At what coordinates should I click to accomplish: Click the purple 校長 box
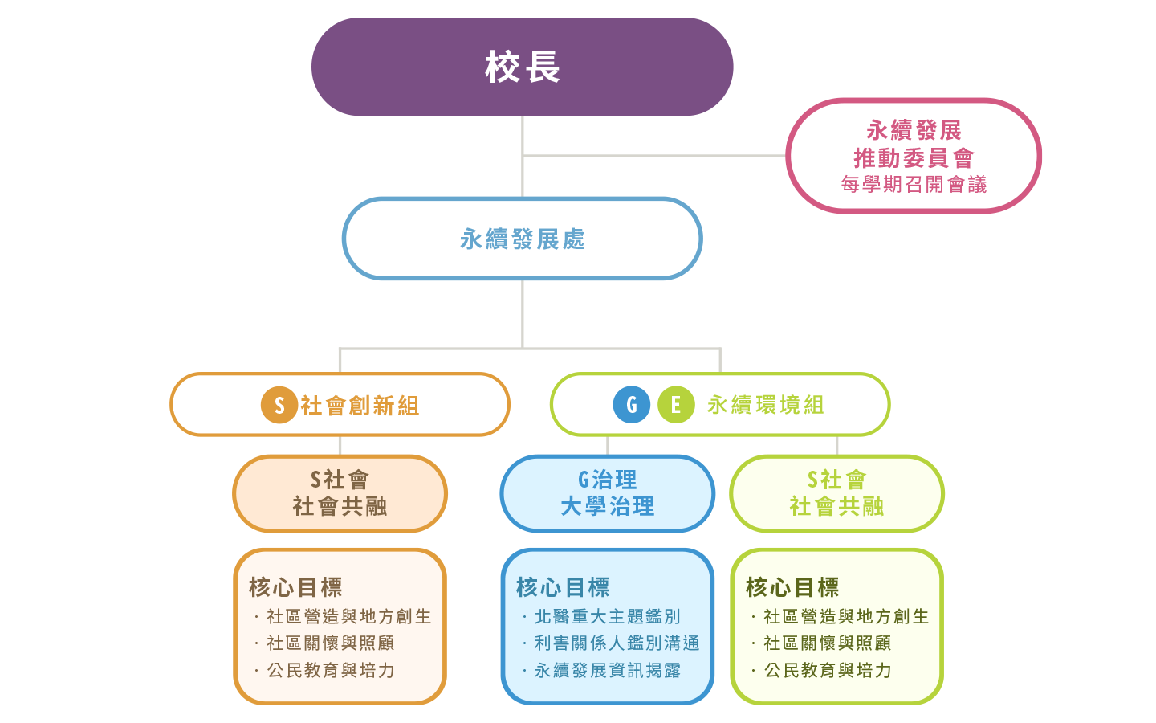[522, 67]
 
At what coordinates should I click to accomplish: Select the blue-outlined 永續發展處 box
[522, 239]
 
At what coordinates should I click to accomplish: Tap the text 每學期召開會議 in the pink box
[914, 185]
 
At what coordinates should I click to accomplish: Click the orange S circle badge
[279, 405]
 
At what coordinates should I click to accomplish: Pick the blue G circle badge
[631, 405]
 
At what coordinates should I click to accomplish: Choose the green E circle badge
[676, 405]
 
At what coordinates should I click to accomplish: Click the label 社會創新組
[360, 406]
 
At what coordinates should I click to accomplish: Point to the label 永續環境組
[765, 405]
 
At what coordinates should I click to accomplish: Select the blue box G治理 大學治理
[607, 493]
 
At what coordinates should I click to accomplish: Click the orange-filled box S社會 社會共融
[340, 493]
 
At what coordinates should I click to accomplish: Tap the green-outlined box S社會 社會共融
[836, 493]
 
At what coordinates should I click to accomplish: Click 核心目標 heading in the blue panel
[563, 587]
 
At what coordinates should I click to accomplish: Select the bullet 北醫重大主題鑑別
[607, 616]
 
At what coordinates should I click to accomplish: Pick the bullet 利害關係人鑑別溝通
[617, 643]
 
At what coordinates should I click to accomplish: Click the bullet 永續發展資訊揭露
[607, 670]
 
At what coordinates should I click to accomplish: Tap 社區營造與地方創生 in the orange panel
[348, 616]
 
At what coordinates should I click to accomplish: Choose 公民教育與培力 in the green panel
[828, 670]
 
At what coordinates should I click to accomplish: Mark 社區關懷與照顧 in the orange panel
[330, 643]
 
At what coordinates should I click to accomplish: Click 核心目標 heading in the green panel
[792, 587]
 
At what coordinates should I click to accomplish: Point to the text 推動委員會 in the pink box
[914, 157]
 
